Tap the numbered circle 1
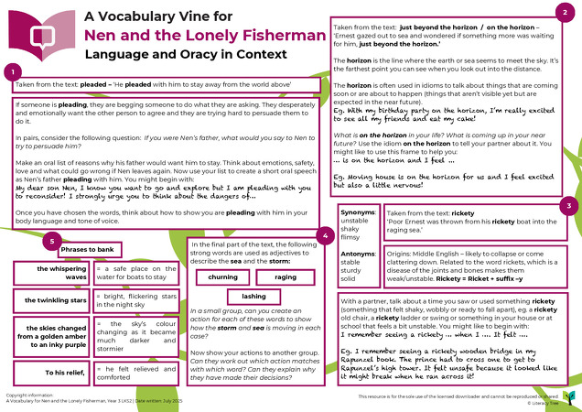(x=12, y=71)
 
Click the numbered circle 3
(x=568, y=206)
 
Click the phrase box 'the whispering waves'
(x=56, y=274)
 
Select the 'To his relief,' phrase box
(x=56, y=373)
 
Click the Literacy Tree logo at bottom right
(x=569, y=396)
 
